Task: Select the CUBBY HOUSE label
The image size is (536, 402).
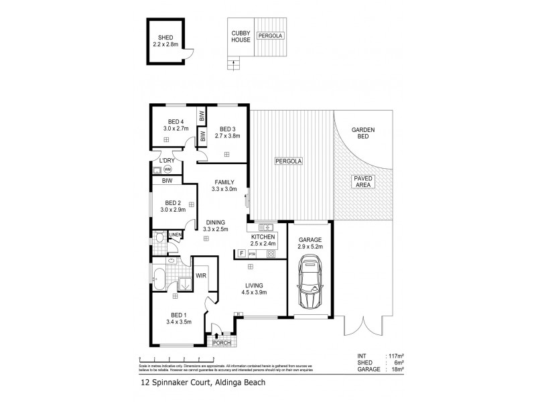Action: pyautogui.click(x=241, y=36)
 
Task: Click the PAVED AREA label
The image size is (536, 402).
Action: pyautogui.click(x=364, y=182)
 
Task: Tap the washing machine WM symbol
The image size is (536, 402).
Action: pyautogui.click(x=167, y=169)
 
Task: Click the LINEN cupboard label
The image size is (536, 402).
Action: pyautogui.click(x=176, y=234)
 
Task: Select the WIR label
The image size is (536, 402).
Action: pyautogui.click(x=200, y=275)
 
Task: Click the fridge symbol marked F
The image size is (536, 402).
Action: pyautogui.click(x=241, y=254)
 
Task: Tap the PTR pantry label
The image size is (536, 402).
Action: pyautogui.click(x=253, y=255)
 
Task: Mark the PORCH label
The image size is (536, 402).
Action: pyautogui.click(x=220, y=344)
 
